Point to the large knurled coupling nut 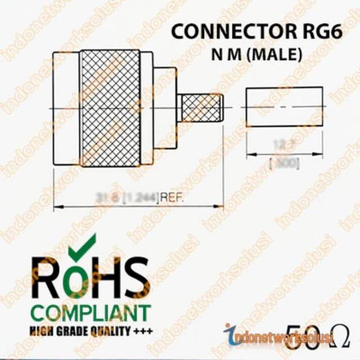coord(110,108)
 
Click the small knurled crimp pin coord(200,109)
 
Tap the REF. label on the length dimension coord(173,197)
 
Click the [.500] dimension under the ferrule coord(285,164)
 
